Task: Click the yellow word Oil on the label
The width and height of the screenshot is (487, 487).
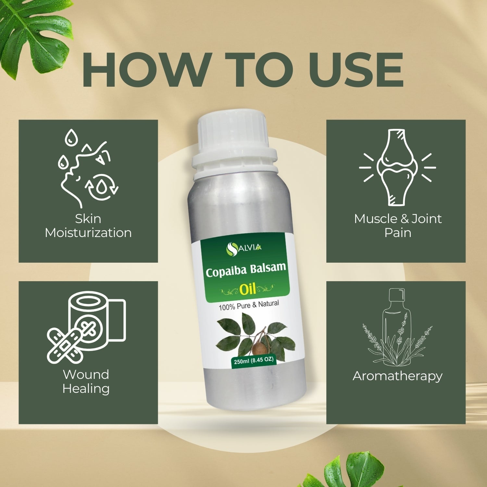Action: (x=248, y=288)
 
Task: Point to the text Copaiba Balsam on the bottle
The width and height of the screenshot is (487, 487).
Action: (x=246, y=269)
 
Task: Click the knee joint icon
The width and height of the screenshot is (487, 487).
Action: (x=397, y=167)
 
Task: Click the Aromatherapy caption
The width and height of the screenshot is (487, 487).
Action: (x=397, y=376)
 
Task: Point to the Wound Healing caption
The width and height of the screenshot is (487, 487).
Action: (x=86, y=381)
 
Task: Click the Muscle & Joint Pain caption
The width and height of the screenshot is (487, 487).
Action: (x=398, y=226)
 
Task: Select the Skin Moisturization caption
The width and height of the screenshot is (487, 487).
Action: (x=88, y=226)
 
